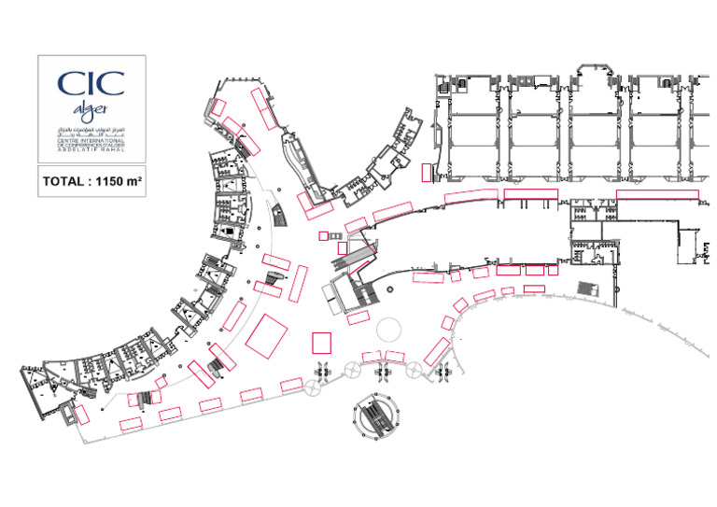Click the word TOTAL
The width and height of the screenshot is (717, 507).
pyautogui.click(x=64, y=182)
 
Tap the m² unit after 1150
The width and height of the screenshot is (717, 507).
pyautogui.click(x=134, y=182)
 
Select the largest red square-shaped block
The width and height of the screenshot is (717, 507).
pyautogui.click(x=267, y=335)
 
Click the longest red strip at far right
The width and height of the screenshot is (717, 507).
pyautogui.click(x=657, y=193)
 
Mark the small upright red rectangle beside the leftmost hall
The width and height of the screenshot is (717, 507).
pyautogui.click(x=427, y=173)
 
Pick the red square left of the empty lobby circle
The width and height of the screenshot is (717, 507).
pyautogui.click(x=323, y=342)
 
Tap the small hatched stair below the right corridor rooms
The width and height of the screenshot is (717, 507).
pyautogui.click(x=587, y=289)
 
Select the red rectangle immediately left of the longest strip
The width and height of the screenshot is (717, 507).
pyautogui.click(x=531, y=193)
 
